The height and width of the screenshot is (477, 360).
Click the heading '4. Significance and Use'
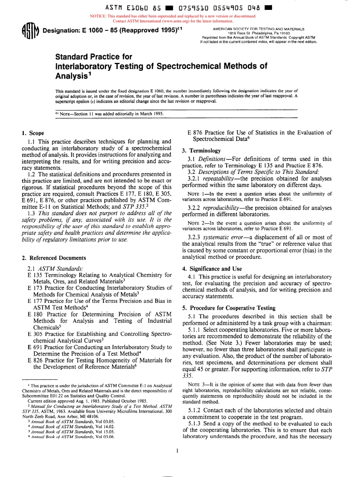coord(215,269)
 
